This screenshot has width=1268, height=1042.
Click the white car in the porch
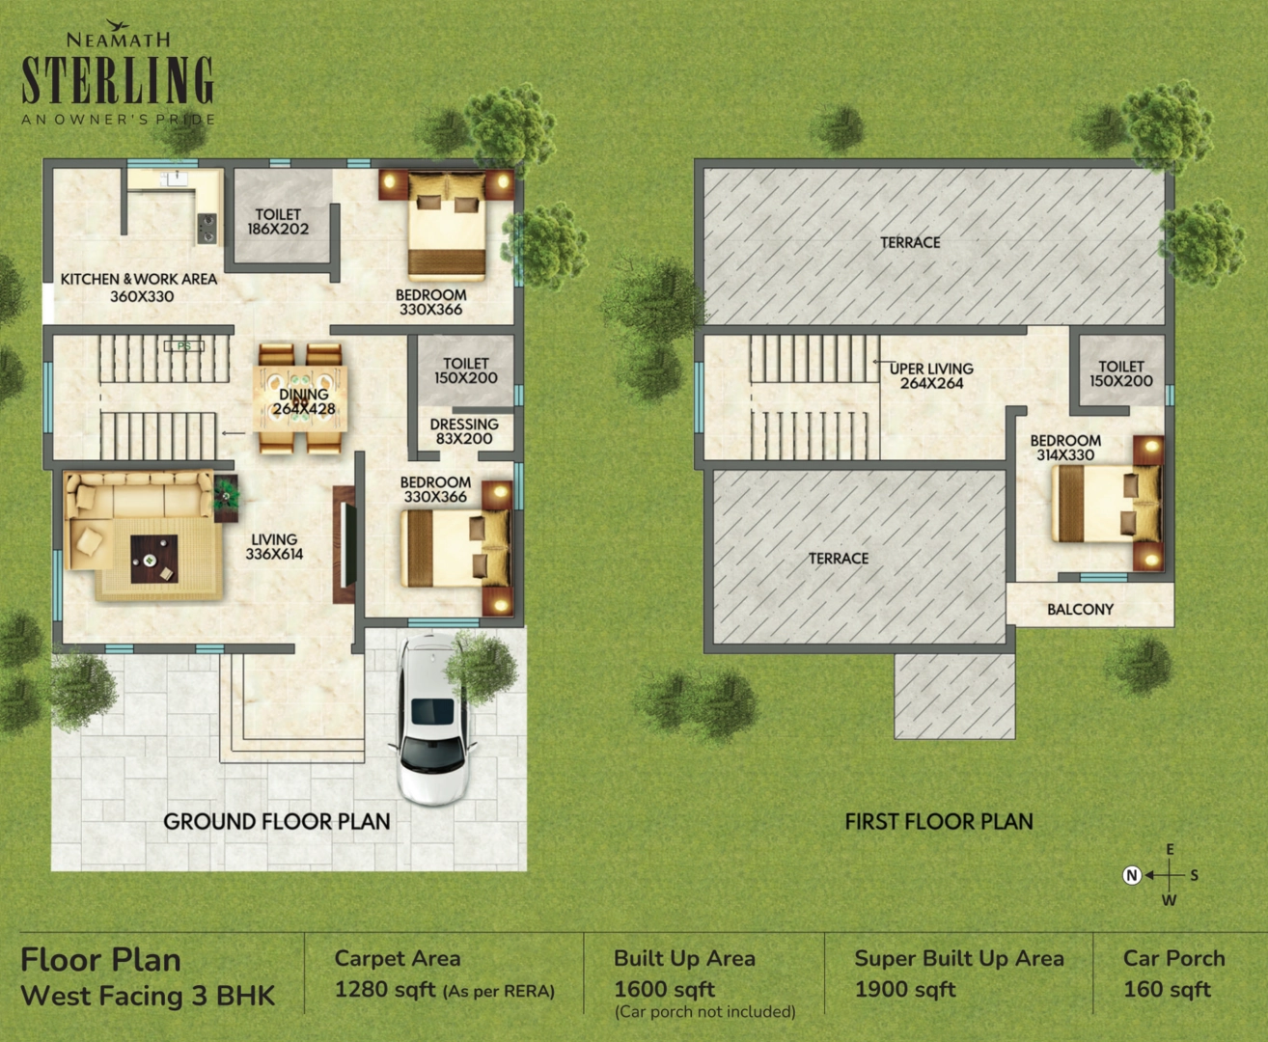(x=432, y=718)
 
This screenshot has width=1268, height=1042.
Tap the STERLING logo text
(x=118, y=80)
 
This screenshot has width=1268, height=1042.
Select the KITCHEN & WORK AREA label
(x=139, y=288)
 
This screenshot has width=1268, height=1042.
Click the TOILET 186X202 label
(x=278, y=222)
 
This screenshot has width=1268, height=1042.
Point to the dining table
(x=300, y=398)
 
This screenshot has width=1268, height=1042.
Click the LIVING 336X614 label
(x=274, y=547)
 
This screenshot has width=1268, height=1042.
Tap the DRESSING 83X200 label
(x=464, y=431)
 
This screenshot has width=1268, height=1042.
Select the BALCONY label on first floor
(x=1080, y=610)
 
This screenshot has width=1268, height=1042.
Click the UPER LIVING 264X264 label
(x=931, y=376)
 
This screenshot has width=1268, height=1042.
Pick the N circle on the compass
(x=1132, y=875)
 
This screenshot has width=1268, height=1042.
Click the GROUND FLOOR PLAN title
(x=277, y=822)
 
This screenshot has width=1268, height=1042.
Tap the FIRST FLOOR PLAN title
(x=939, y=822)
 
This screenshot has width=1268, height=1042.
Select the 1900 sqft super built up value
(x=905, y=990)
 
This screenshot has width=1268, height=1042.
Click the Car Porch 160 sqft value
(x=1167, y=990)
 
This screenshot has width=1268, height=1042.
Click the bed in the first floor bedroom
(x=1105, y=504)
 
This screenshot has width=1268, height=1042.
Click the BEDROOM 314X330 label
(x=1065, y=448)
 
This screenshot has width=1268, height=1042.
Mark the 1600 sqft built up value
(x=665, y=990)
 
